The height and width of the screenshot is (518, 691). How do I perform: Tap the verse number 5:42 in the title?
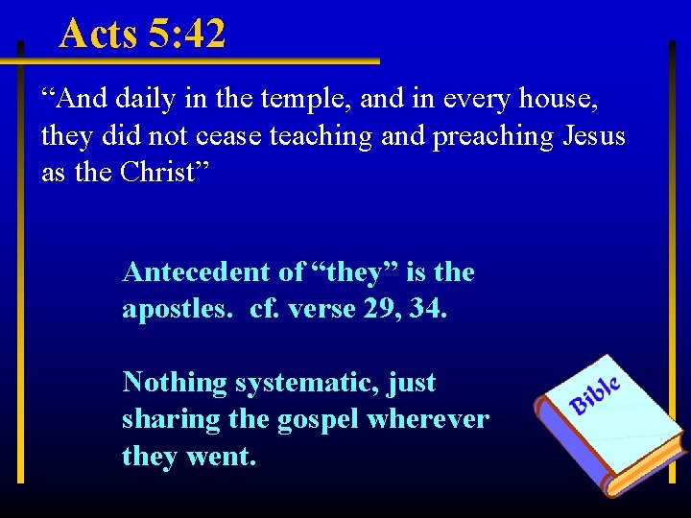click(x=188, y=34)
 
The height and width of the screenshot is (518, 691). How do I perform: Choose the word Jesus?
click(x=593, y=136)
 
